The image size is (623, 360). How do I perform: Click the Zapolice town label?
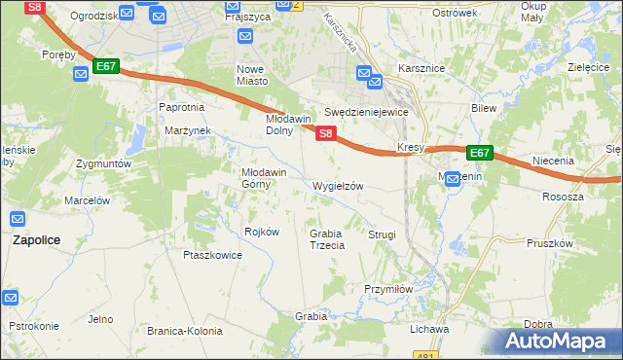click(37, 238)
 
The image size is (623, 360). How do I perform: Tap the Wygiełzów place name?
click(338, 186)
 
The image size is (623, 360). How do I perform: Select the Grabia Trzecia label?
click(327, 239)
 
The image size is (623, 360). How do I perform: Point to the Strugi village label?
click(382, 234)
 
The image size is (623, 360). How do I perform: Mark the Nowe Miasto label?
click(252, 75)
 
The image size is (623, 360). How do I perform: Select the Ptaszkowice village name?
click(212, 255)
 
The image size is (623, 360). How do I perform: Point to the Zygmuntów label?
click(103, 164)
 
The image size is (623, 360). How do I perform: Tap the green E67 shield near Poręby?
click(107, 66)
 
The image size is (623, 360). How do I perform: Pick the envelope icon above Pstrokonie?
click(10, 297)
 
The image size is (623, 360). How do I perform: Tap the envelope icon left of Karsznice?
click(364, 72)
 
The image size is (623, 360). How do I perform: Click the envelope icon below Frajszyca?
click(243, 36)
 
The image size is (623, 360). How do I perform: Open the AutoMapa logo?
click(560, 342)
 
